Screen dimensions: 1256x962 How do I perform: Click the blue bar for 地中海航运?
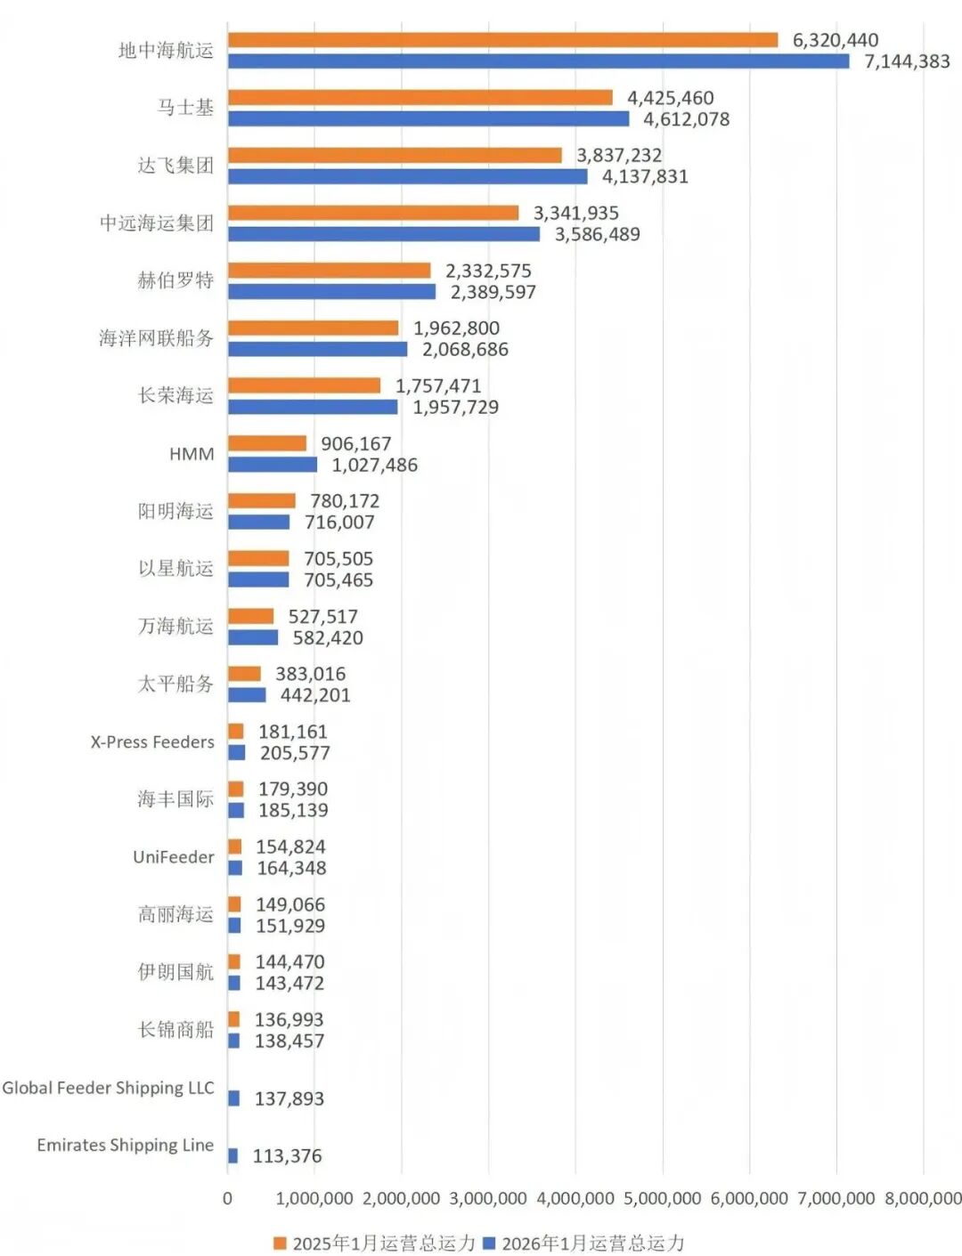click(x=538, y=61)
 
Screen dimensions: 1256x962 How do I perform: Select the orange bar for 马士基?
click(x=420, y=98)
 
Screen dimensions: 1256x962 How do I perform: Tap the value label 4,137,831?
click(x=645, y=176)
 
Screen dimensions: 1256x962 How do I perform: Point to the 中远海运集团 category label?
click(x=157, y=223)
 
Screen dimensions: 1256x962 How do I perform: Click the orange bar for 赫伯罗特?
click(x=329, y=271)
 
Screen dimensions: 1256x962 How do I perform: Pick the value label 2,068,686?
click(x=465, y=349)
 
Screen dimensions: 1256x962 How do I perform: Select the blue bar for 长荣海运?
click(x=313, y=407)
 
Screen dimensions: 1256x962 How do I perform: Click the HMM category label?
click(x=192, y=454)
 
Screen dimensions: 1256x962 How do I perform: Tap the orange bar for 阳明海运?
click(x=261, y=501)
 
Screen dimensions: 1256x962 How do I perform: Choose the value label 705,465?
click(x=338, y=580)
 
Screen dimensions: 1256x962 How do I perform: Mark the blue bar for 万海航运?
click(x=253, y=637)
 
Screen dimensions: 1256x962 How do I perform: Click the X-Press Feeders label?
click(x=152, y=741)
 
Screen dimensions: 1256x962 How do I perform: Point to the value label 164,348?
click(x=291, y=868)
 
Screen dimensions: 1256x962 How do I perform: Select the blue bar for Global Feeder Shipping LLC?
click(x=233, y=1098)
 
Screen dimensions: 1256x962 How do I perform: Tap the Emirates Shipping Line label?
click(x=125, y=1145)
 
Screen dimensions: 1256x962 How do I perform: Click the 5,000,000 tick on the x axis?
click(x=662, y=1198)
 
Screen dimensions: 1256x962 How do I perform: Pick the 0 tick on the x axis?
click(x=227, y=1198)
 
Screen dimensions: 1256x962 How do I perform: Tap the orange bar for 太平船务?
click(x=244, y=674)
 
